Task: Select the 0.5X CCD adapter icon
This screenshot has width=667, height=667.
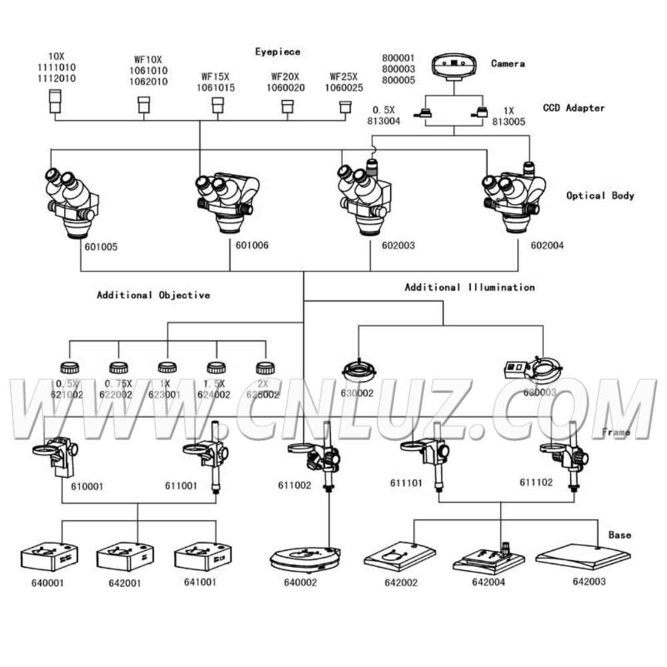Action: point(424,113)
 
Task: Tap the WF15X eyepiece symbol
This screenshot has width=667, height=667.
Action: point(216,105)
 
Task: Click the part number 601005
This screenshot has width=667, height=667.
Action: point(101,247)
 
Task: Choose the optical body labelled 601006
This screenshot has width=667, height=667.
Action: point(227,200)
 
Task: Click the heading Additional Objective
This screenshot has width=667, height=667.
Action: point(153,295)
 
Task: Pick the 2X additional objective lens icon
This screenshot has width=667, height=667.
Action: point(265,367)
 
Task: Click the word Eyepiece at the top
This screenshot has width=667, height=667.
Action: point(277,51)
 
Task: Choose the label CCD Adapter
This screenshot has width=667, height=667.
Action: point(574,107)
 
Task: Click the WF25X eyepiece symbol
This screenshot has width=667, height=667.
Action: point(345,107)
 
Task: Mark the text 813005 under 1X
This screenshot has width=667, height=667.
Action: point(509,122)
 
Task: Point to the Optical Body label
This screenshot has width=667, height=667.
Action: point(600,195)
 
